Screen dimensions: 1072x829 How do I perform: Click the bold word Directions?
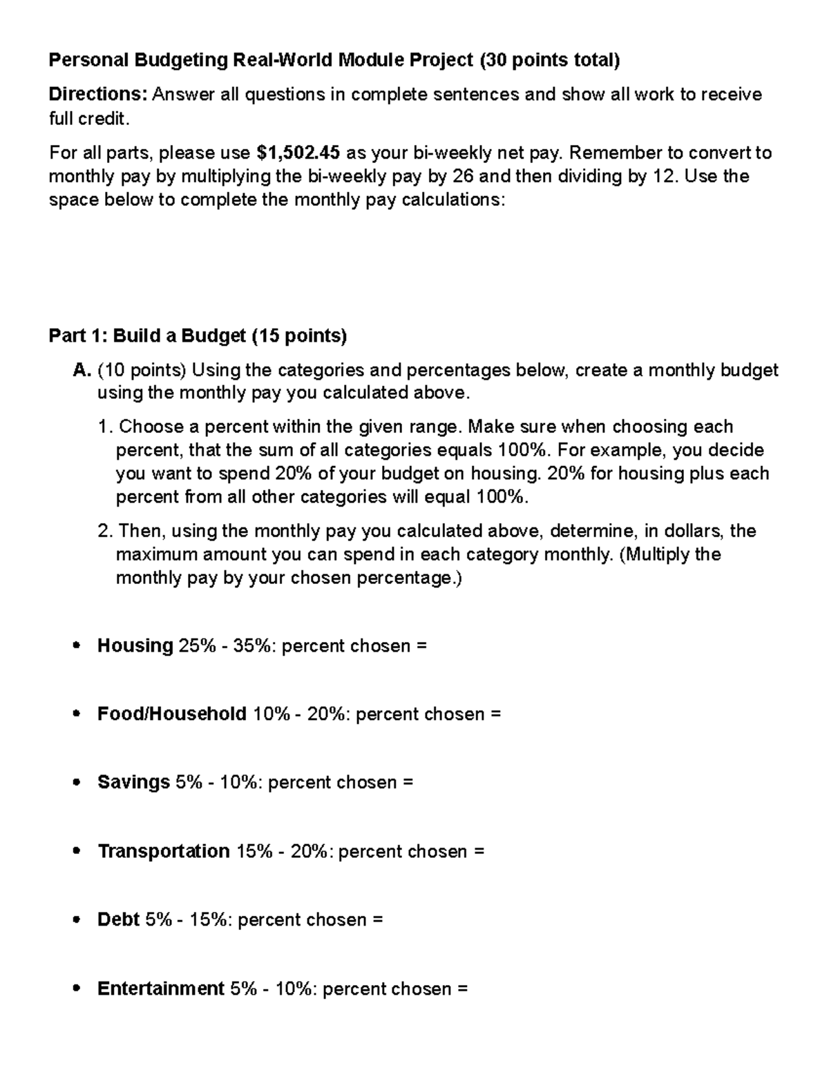97,95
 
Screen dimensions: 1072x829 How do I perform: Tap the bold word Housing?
135,645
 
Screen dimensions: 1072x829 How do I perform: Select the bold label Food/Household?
171,714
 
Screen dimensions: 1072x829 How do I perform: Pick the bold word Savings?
133,782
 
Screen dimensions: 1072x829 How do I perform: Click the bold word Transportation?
163,851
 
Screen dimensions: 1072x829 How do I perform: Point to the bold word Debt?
118,919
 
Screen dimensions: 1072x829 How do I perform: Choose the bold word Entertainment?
160,988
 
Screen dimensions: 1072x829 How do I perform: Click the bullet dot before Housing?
77,646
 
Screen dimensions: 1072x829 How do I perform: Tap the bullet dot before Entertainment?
77,989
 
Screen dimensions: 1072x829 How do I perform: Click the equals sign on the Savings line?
408,783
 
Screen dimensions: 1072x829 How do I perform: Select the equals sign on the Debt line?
377,920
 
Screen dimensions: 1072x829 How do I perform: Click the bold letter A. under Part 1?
82,371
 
